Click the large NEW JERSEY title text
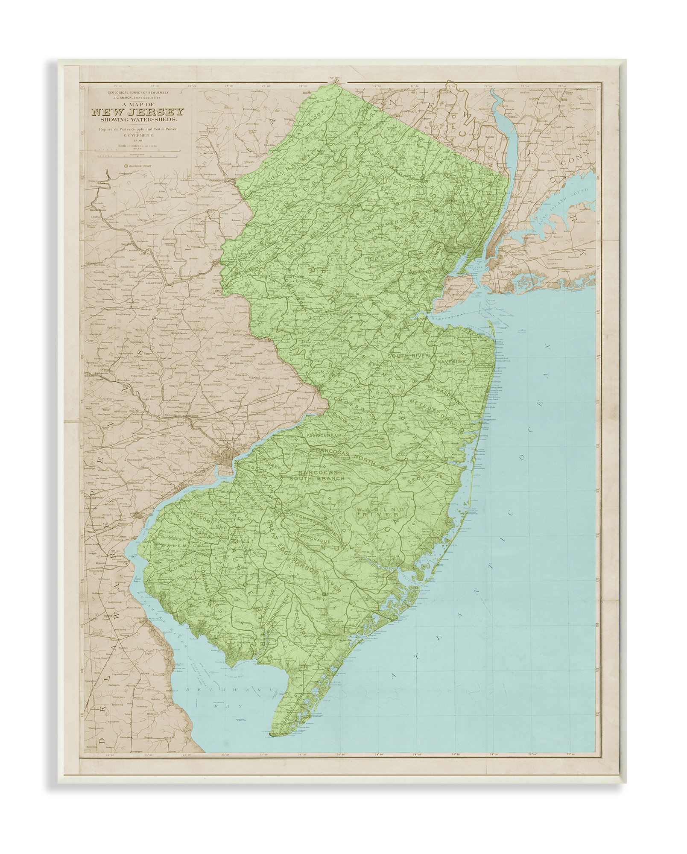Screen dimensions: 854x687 (138, 113)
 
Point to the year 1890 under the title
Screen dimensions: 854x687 (137, 140)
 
